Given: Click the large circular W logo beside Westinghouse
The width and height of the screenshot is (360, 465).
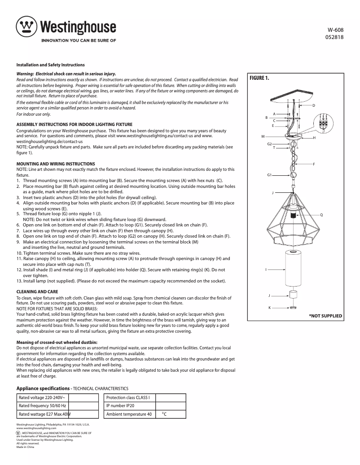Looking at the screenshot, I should [x=27, y=28].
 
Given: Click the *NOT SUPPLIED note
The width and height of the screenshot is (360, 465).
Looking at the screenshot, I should [x=325, y=316].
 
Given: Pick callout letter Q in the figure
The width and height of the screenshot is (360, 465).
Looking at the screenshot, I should [x=321, y=215].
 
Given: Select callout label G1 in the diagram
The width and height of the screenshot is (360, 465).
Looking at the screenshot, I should [x=269, y=174].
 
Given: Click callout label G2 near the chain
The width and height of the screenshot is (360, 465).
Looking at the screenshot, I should [x=269, y=144].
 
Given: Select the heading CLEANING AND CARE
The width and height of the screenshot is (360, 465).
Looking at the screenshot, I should [x=37, y=292].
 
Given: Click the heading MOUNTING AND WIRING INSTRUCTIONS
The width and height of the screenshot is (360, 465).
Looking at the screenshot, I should [x=56, y=164].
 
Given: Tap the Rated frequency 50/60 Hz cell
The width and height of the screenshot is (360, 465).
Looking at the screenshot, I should [x=43, y=405].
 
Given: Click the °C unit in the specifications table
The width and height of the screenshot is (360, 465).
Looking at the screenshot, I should [x=164, y=414].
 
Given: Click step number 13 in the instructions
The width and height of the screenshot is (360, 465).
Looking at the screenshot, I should [x=19, y=281].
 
